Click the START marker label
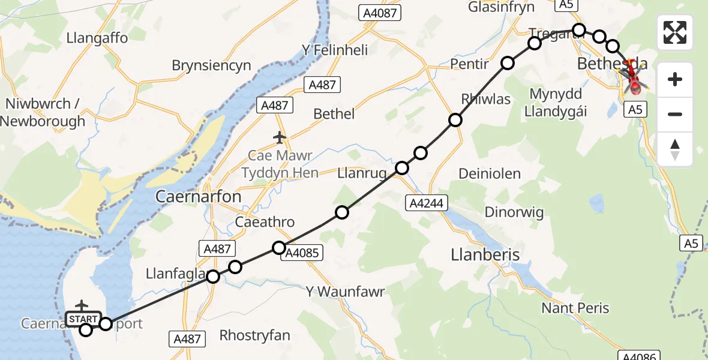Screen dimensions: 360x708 coord(83,318)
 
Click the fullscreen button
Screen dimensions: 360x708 coord(675,32)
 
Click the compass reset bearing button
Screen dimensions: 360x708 coord(675,149)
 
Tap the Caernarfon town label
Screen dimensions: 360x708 coord(198,197)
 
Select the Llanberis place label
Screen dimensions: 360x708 coord(485,255)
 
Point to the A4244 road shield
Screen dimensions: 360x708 coord(426,203)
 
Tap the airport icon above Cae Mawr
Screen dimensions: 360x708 coord(280,138)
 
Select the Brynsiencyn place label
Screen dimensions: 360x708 coord(211,66)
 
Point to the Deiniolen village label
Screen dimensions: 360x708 coord(489,174)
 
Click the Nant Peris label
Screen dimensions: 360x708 coord(575,308)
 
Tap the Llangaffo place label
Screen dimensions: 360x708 coord(97,38)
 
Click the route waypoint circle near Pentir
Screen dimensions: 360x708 coord(508,63)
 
